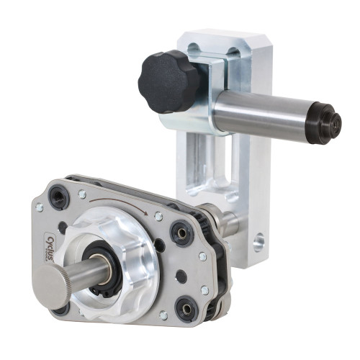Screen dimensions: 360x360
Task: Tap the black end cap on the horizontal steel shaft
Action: coord(326,122)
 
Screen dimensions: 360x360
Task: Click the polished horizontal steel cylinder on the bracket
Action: coord(263,115)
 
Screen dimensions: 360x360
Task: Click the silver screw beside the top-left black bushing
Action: coord(83,194)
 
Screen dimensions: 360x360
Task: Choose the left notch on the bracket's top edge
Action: coord(192,50)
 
